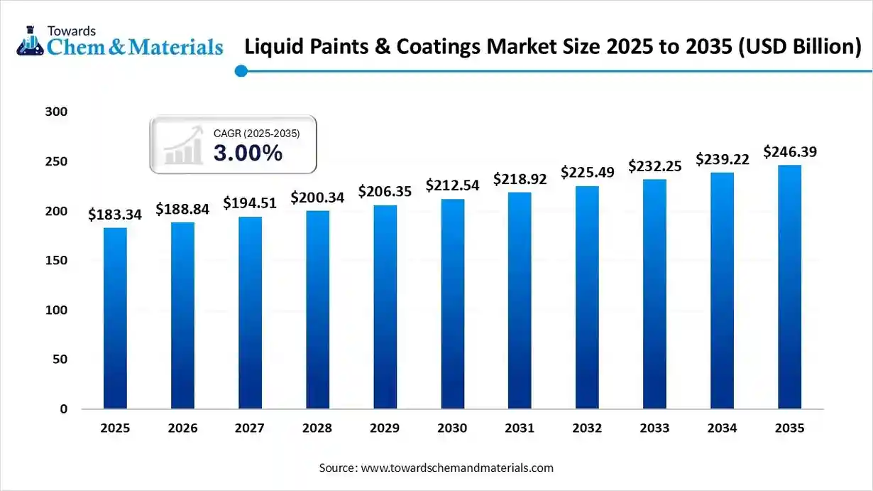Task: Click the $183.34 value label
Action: (115, 215)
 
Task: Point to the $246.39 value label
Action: (790, 152)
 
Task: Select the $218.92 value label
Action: (520, 179)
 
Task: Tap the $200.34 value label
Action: (317, 198)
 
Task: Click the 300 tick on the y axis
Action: (57, 112)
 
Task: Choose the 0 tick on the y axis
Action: (64, 409)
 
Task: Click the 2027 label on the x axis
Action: (250, 428)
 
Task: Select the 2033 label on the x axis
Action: (655, 428)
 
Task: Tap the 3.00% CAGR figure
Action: (248, 152)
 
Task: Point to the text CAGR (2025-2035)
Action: (256, 133)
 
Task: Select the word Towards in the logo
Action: (71, 31)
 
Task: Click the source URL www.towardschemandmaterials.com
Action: (457, 468)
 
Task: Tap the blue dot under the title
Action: (241, 70)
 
